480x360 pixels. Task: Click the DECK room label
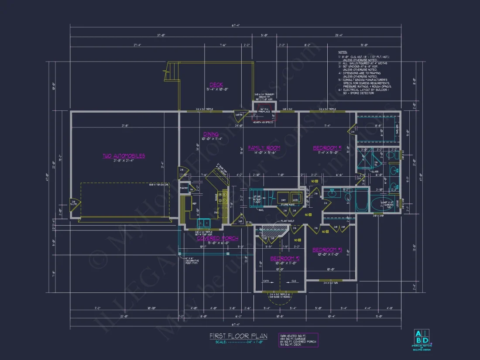tap(216, 85)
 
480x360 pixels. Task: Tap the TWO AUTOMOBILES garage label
tap(124, 156)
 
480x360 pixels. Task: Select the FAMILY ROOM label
tap(264, 148)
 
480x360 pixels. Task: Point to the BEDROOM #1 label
tap(326, 148)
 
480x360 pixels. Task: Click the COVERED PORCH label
tap(217, 238)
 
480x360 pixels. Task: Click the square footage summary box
tap(298, 340)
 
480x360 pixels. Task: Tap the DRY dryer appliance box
tap(283, 197)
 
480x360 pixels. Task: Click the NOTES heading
tap(343, 52)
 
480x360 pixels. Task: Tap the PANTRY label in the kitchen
tap(183, 188)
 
